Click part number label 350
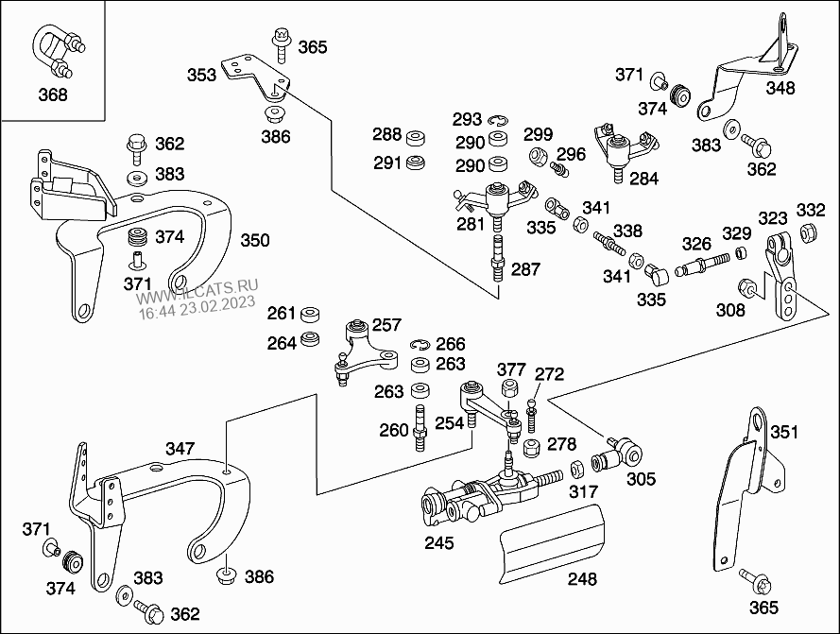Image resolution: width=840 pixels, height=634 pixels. click(x=254, y=240)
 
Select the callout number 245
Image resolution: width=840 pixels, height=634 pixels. click(x=438, y=542)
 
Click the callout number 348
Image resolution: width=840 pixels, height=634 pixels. click(x=780, y=89)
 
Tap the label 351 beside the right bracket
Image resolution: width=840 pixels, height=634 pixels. click(x=783, y=433)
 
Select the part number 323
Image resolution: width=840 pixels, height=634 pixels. click(x=772, y=216)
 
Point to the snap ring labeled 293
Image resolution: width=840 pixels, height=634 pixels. click(x=498, y=119)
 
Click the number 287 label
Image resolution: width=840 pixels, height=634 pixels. click(x=525, y=269)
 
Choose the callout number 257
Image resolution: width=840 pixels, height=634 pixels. click(x=386, y=324)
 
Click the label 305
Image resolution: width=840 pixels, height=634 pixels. click(x=641, y=479)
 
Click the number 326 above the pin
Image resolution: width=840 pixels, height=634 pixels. click(x=697, y=245)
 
